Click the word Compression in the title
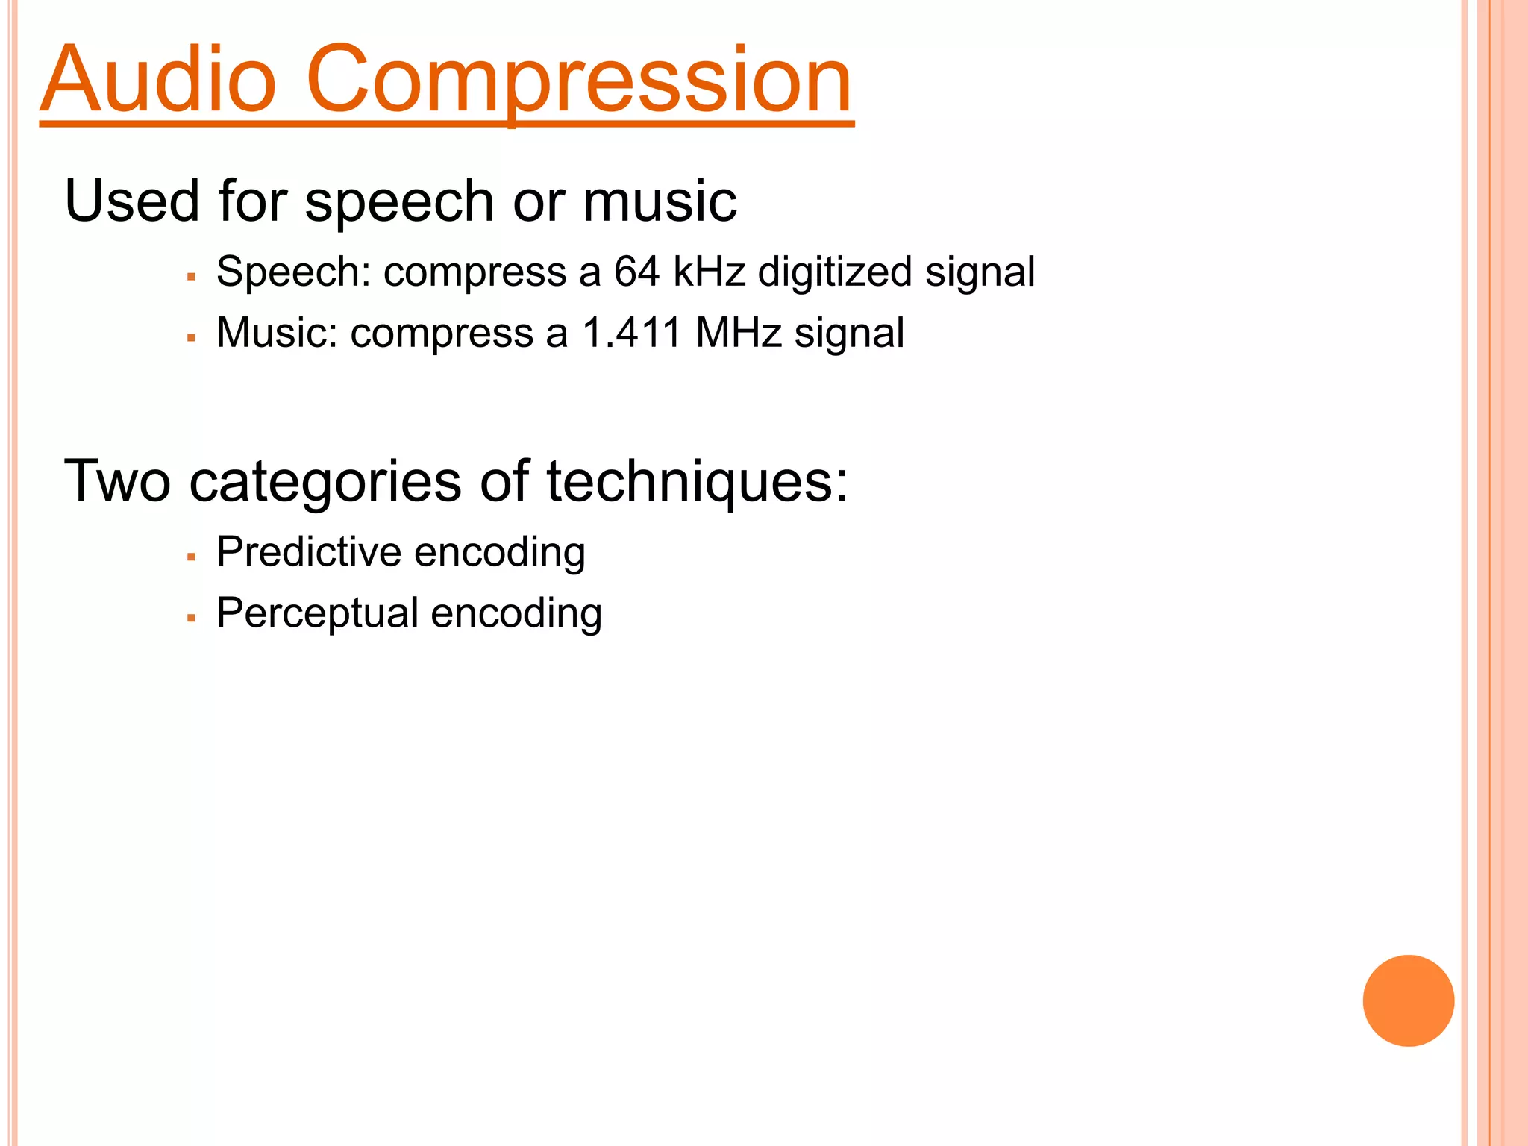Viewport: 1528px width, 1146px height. click(x=578, y=81)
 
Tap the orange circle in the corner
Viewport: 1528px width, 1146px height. click(x=1408, y=1001)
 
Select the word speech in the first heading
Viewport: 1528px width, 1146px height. click(x=398, y=203)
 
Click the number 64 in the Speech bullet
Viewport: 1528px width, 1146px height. click(x=636, y=272)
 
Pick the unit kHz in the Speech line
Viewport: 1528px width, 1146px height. click(x=709, y=272)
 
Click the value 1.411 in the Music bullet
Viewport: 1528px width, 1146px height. click(x=631, y=333)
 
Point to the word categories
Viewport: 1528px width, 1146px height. click(x=325, y=483)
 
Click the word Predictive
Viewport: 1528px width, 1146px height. click(x=309, y=552)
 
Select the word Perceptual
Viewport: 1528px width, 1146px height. click(x=317, y=614)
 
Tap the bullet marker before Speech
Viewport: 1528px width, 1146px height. click(x=192, y=277)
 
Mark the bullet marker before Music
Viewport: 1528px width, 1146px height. click(x=192, y=338)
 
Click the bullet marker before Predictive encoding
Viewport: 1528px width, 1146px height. click(x=192, y=557)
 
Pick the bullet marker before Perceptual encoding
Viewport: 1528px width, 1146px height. click(x=192, y=618)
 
